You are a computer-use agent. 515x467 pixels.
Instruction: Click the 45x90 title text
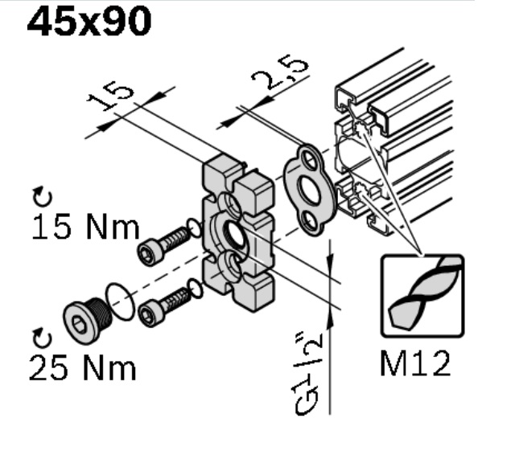[89, 22]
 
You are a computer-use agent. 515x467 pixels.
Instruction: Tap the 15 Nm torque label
[86, 227]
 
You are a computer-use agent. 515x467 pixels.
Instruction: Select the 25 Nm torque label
[82, 367]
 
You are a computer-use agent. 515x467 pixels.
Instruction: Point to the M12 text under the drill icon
[415, 363]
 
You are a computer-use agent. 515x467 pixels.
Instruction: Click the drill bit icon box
[422, 296]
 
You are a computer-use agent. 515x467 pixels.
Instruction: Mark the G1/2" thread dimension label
[307, 374]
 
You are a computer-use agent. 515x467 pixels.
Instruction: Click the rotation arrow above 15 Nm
[43, 197]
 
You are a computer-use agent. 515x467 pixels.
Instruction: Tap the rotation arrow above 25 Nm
[43, 338]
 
